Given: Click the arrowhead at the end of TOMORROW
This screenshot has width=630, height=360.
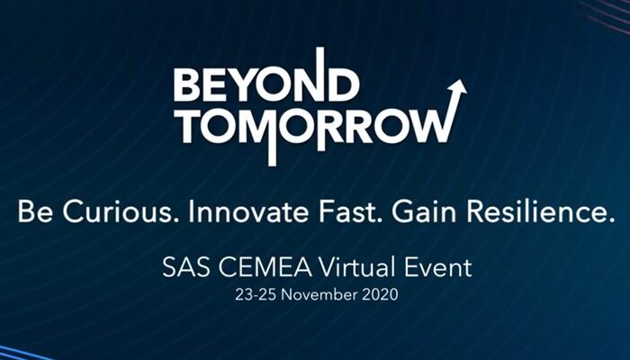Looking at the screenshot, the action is click(457, 87).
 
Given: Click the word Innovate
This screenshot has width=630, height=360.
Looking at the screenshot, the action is click(247, 212).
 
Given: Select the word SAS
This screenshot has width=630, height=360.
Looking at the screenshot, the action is click(186, 268).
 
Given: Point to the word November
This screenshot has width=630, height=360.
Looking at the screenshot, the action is click(319, 294).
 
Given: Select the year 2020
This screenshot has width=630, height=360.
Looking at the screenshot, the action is click(380, 294).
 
